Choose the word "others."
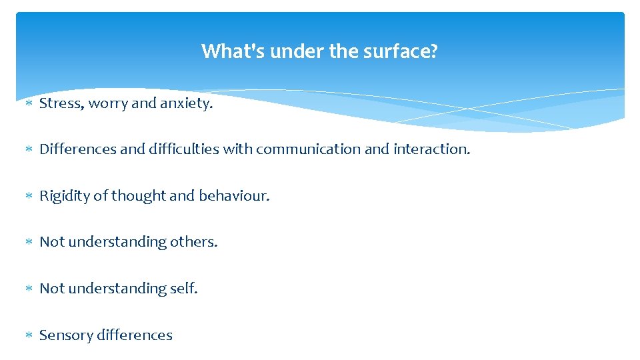pyautogui.click(x=194, y=242)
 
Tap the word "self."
pyautogui.click(x=184, y=289)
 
